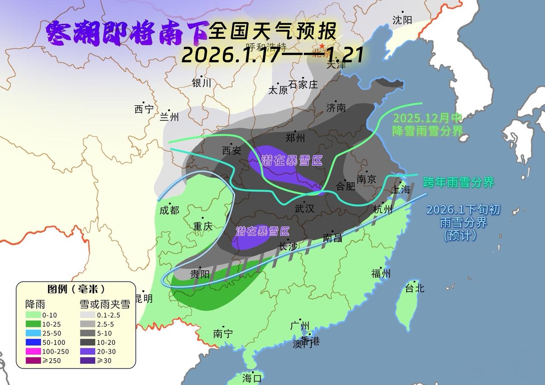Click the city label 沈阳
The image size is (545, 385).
pos(402,20)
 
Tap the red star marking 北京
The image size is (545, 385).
pos(322,46)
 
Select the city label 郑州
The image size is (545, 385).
pos(295,138)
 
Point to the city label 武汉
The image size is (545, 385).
pos(304,208)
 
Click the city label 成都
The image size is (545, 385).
pos(169,210)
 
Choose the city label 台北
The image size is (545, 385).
pos(414,288)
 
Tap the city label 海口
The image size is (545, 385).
pos(252,377)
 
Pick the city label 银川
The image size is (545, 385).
pos(201,83)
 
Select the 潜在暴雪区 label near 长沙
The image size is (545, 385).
pos(263,231)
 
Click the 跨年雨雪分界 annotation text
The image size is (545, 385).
pos(458,182)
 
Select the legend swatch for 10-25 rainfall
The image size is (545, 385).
pos(33,324)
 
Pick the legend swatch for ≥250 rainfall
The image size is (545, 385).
pos(33,361)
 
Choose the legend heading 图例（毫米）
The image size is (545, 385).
pos(76,289)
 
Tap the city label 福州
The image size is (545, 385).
pos(381,273)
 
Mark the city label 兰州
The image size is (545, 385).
pos(169,117)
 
